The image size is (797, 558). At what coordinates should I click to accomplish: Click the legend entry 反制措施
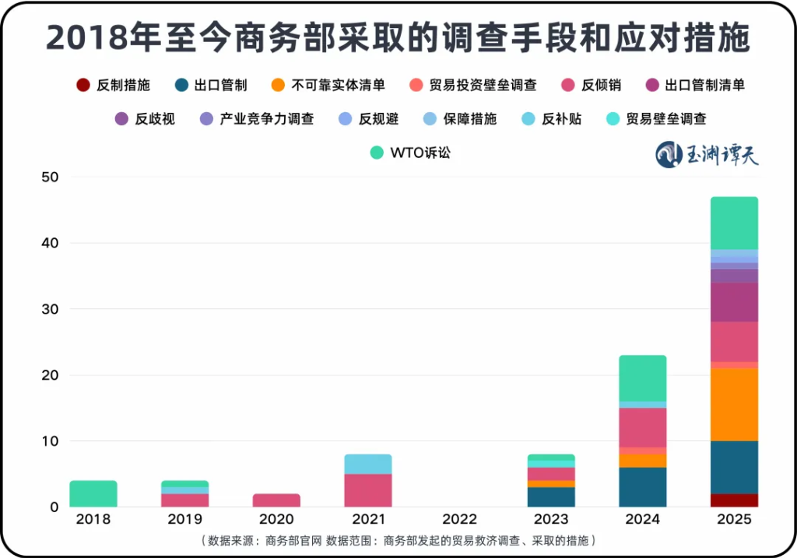114,85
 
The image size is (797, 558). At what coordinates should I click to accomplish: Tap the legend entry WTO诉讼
411,153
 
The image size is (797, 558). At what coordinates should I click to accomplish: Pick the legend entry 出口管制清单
696,85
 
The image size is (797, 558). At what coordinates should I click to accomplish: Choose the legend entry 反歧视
146,119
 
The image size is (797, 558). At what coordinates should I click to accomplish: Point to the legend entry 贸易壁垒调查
657,119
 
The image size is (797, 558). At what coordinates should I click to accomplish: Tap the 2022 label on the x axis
459,519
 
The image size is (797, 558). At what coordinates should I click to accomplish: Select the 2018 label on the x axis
93,519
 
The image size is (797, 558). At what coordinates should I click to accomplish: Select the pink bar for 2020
276,500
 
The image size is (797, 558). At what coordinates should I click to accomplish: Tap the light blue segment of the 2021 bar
368,464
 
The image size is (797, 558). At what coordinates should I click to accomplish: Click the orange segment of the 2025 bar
735,405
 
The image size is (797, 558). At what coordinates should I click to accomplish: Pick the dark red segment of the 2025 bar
735,500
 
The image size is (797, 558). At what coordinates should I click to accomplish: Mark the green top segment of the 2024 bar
643,378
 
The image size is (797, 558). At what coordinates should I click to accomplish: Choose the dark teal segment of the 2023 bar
551,497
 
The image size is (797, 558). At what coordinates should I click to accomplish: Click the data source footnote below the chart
398,540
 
